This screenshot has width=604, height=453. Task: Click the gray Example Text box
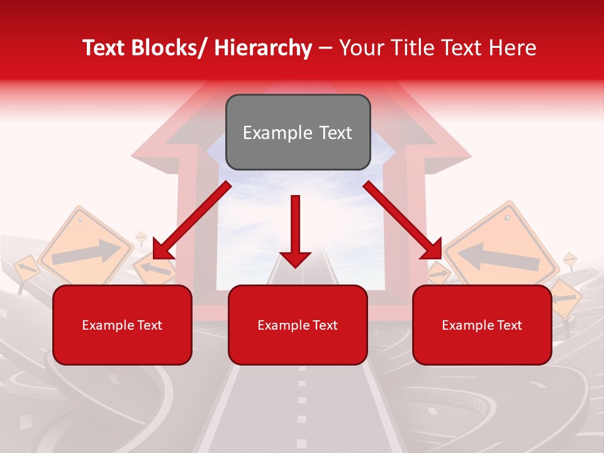(298, 132)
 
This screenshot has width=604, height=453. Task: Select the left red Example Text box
(122, 325)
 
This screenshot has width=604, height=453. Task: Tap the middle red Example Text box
(298, 325)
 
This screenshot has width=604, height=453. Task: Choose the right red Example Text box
(482, 325)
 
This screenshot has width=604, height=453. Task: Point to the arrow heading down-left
(192, 220)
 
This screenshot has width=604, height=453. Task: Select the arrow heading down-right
(403, 220)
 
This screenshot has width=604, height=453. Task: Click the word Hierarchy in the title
(262, 48)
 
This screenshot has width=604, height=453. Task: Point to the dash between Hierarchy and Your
(325, 49)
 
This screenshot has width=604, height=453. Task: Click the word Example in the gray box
(269, 133)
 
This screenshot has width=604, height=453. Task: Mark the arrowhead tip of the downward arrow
(295, 266)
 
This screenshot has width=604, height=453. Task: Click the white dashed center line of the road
(301, 403)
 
